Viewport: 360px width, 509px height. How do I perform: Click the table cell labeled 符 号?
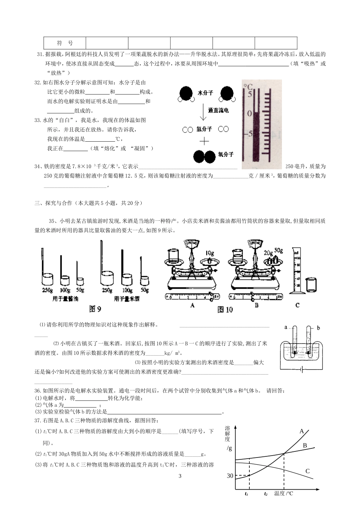(65, 43)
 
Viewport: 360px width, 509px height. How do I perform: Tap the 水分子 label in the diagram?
(205, 93)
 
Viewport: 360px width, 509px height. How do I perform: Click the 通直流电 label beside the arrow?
(218, 111)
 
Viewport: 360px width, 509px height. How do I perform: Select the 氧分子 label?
(225, 155)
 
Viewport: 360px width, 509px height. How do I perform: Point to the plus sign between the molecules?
(204, 141)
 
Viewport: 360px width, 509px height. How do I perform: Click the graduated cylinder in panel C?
(297, 270)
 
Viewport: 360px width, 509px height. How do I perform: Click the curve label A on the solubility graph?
(302, 431)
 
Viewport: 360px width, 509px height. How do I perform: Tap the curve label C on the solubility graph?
(307, 471)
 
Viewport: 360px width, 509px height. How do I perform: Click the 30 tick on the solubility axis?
(230, 476)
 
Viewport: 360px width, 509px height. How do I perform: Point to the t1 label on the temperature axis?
(247, 494)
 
